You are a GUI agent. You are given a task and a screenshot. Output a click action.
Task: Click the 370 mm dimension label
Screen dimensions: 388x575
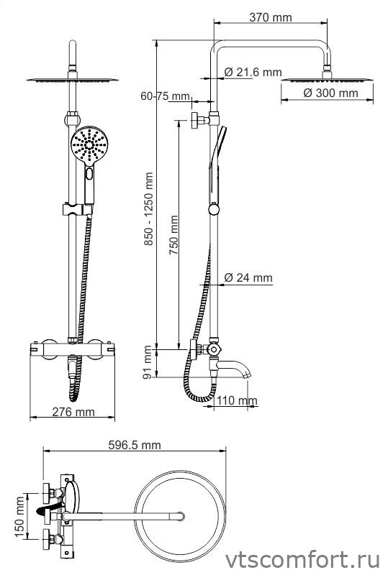point(271,17)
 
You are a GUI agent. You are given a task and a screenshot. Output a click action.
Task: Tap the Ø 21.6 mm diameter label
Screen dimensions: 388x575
point(253,73)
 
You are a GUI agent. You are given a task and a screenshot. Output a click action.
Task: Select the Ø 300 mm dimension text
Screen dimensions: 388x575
point(330,93)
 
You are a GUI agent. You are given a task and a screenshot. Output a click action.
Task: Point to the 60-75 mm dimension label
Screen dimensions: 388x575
point(166,96)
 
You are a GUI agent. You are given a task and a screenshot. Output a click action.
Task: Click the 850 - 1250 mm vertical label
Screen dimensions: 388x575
point(148,209)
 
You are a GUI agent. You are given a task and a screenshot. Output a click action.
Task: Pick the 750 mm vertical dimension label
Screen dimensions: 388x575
point(173,235)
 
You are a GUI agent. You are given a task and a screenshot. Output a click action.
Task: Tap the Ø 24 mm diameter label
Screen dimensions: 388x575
point(248,277)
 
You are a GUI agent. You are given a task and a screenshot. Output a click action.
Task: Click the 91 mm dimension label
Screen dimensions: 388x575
point(148,362)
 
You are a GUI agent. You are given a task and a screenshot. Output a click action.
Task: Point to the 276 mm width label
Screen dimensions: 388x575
point(73,412)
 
